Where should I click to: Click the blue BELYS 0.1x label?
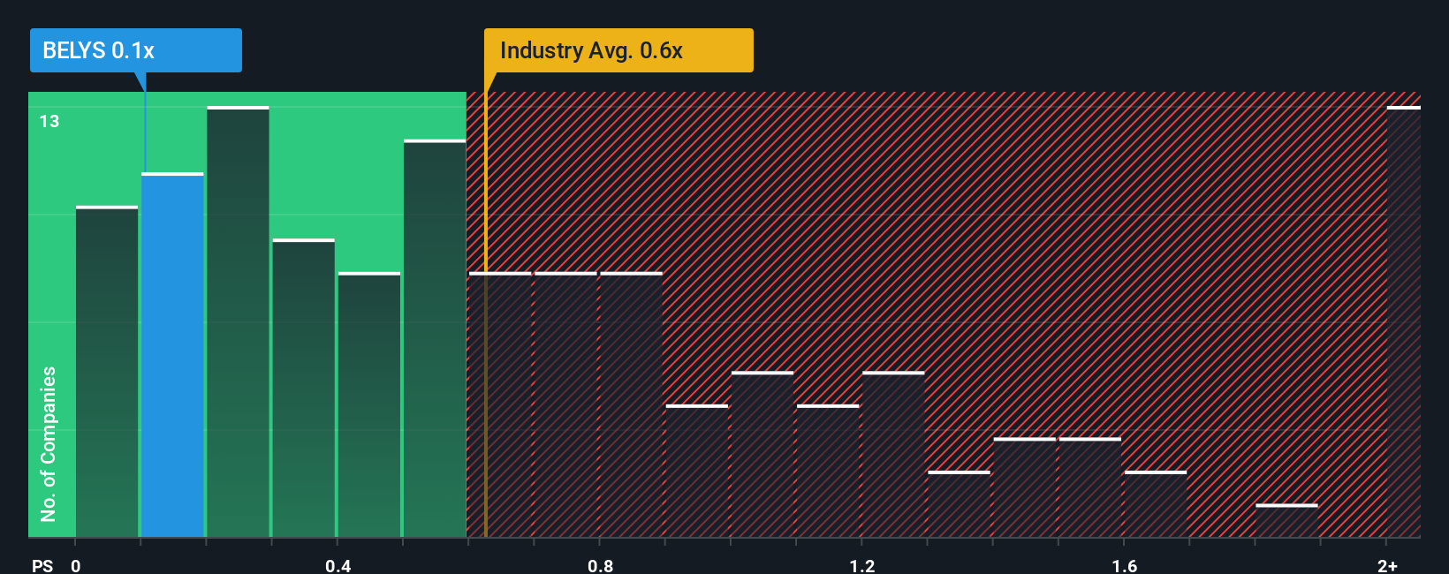pyautogui.click(x=135, y=50)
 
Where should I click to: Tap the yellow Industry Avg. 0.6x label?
pyautogui.click(x=618, y=50)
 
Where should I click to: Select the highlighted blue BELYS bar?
pyautogui.click(x=172, y=355)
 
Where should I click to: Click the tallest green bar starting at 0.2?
pyautogui.click(x=238, y=322)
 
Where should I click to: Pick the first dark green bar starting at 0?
pyautogui.click(x=107, y=372)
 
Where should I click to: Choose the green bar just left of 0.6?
pyautogui.click(x=435, y=338)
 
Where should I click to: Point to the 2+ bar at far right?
pyautogui.click(x=1403, y=322)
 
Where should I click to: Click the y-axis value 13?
pyautogui.click(x=49, y=121)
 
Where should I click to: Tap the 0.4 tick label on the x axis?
pyautogui.click(x=338, y=565)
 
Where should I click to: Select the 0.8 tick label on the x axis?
pyautogui.click(x=600, y=565)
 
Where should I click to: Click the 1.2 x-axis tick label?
pyautogui.click(x=862, y=565)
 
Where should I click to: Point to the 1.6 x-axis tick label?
pyautogui.click(x=1124, y=565)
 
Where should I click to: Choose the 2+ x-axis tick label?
pyautogui.click(x=1387, y=565)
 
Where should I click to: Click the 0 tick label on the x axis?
pyautogui.click(x=76, y=565)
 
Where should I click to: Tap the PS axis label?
pyautogui.click(x=42, y=565)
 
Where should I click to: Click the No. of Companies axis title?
pyautogui.click(x=49, y=443)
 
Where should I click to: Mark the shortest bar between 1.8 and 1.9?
pyautogui.click(x=1286, y=521)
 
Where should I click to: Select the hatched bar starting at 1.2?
pyautogui.click(x=893, y=455)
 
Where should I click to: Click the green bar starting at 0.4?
pyautogui.click(x=369, y=404)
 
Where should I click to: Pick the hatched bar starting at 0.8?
pyautogui.click(x=631, y=404)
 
